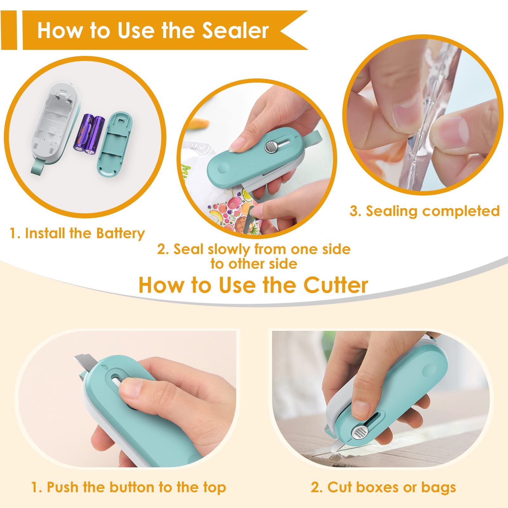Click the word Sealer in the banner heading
[x=236, y=31]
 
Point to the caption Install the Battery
[x=77, y=233]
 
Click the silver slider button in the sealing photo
[x=270, y=147]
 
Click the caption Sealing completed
[x=424, y=211]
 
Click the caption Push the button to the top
[x=129, y=487]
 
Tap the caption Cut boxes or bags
[x=383, y=487]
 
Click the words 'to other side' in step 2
[x=254, y=264]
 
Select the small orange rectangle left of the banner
[x=9, y=30]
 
